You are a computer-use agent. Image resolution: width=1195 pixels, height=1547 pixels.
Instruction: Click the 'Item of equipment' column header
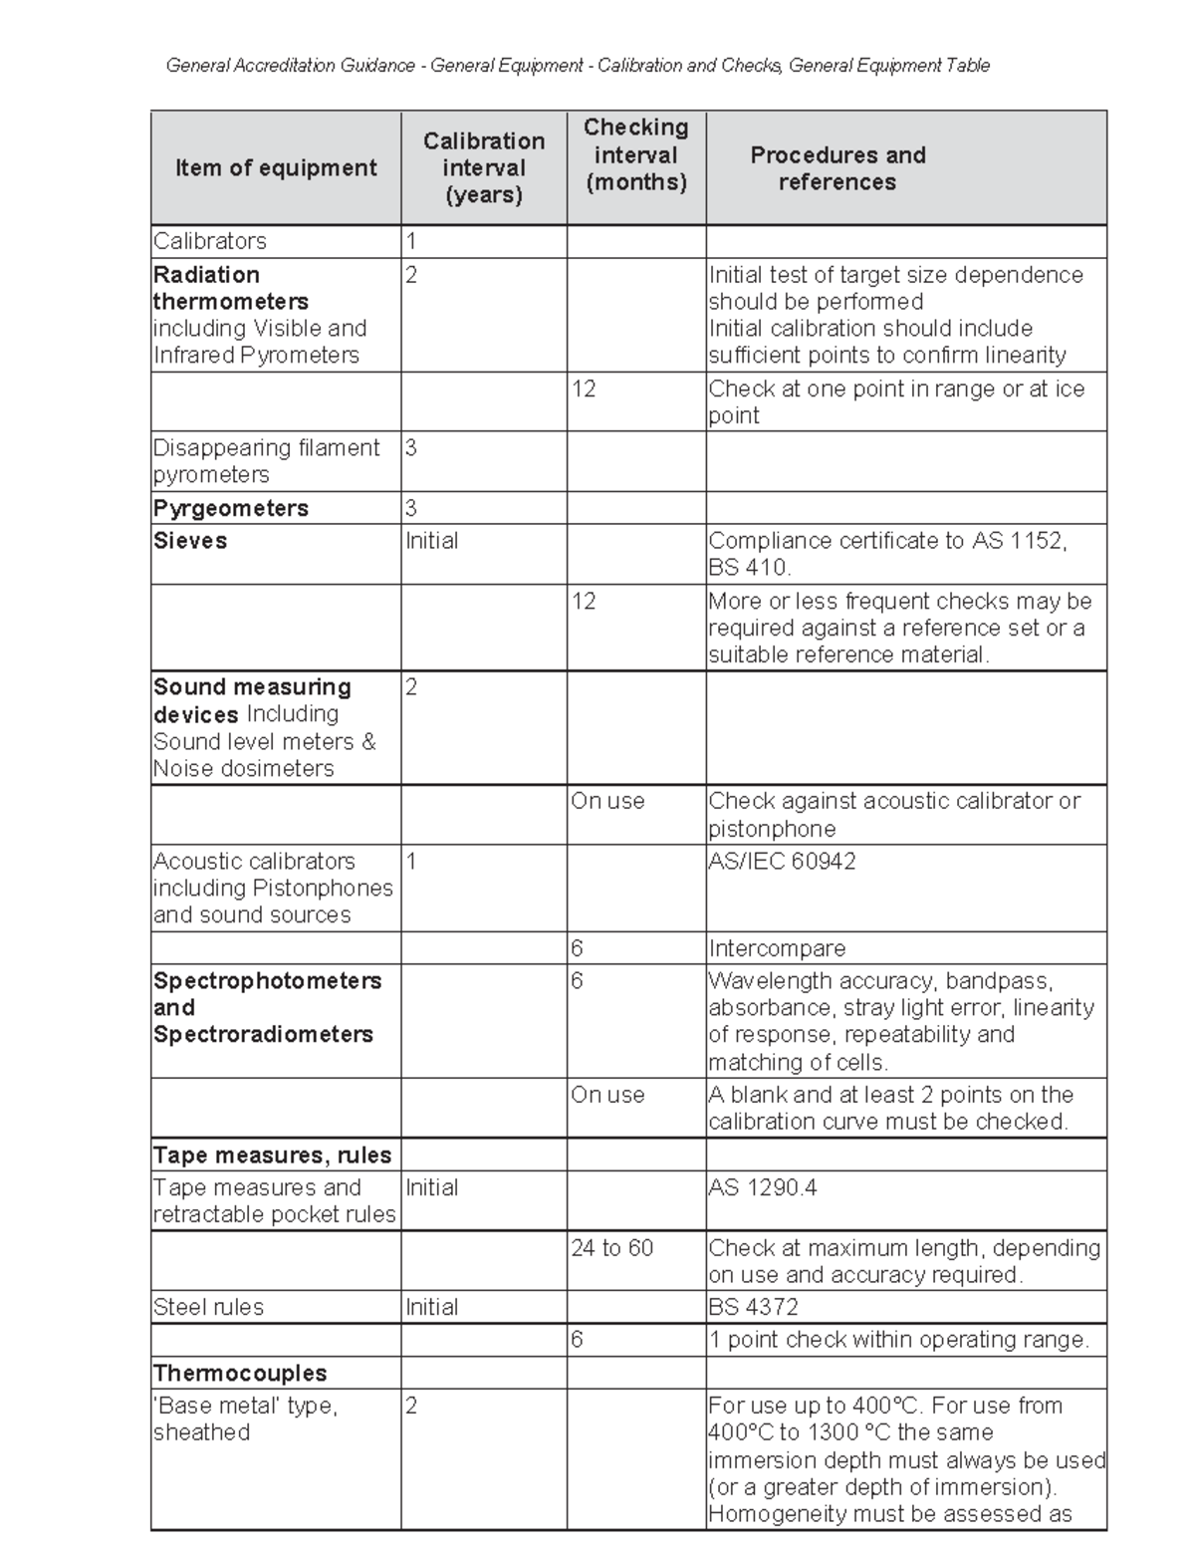coord(276,167)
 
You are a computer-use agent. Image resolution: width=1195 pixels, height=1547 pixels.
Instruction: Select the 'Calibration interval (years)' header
coord(484,167)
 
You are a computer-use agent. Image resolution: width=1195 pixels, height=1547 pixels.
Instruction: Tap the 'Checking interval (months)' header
coord(636,154)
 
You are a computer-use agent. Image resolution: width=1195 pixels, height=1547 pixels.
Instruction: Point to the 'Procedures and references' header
coord(837,168)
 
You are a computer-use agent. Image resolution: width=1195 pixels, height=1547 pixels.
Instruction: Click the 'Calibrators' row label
coord(210,241)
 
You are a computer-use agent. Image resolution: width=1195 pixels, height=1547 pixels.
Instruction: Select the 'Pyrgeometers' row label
coord(231,508)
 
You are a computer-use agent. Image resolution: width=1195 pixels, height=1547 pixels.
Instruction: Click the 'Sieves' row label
coord(190,541)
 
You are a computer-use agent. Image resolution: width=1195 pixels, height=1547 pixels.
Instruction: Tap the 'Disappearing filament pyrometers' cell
coord(266,461)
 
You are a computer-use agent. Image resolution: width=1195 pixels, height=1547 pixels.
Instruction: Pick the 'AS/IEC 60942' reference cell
coord(782,861)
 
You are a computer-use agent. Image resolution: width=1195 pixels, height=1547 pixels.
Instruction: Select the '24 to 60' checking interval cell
coord(612,1248)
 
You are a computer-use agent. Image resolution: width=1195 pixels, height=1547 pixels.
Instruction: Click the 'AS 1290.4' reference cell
coord(763,1187)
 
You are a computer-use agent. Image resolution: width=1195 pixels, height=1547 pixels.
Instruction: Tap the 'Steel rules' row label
coord(208,1307)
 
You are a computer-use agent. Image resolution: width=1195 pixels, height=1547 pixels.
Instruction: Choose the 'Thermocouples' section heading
coord(240,1373)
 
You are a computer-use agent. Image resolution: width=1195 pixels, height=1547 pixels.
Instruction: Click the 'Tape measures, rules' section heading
coord(272,1156)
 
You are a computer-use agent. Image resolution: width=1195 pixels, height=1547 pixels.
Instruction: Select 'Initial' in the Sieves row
coord(432,541)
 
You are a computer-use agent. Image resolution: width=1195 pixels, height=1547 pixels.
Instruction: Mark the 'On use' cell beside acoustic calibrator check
coord(607,801)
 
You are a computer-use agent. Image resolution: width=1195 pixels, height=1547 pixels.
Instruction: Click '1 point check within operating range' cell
coord(898,1340)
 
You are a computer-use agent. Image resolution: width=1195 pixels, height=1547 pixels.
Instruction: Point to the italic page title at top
coord(578,66)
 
